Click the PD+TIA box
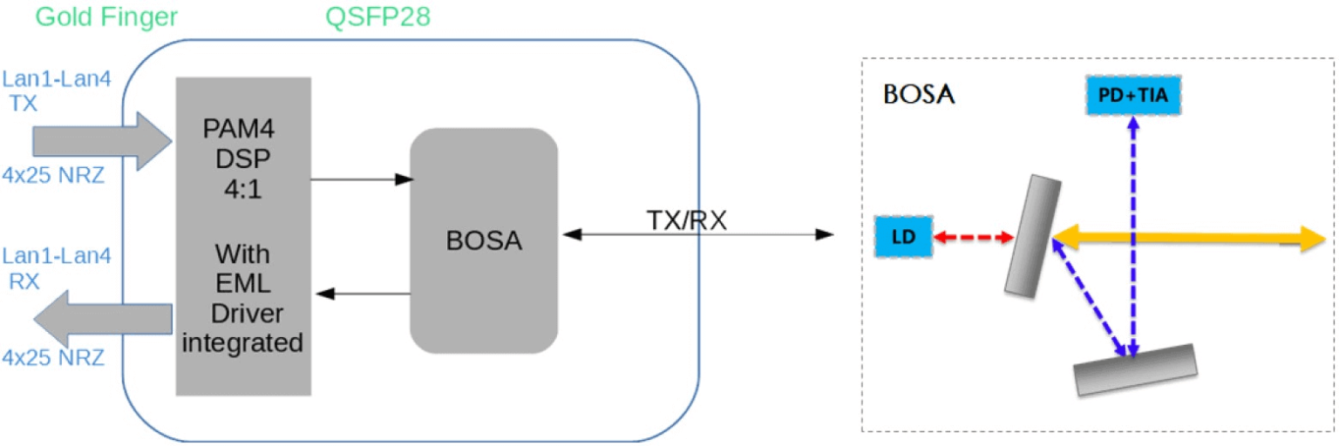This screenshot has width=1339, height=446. pyautogui.click(x=1133, y=96)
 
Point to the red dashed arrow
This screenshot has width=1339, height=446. pyautogui.click(x=974, y=236)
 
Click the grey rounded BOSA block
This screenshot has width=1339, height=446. pyautogui.click(x=484, y=240)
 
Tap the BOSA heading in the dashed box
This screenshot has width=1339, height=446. pyautogui.click(x=919, y=94)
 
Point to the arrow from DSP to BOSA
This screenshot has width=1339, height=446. pyautogui.click(x=361, y=180)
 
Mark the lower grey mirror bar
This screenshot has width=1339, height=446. pyautogui.click(x=1133, y=369)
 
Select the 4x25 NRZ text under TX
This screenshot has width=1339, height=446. pyautogui.click(x=54, y=174)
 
